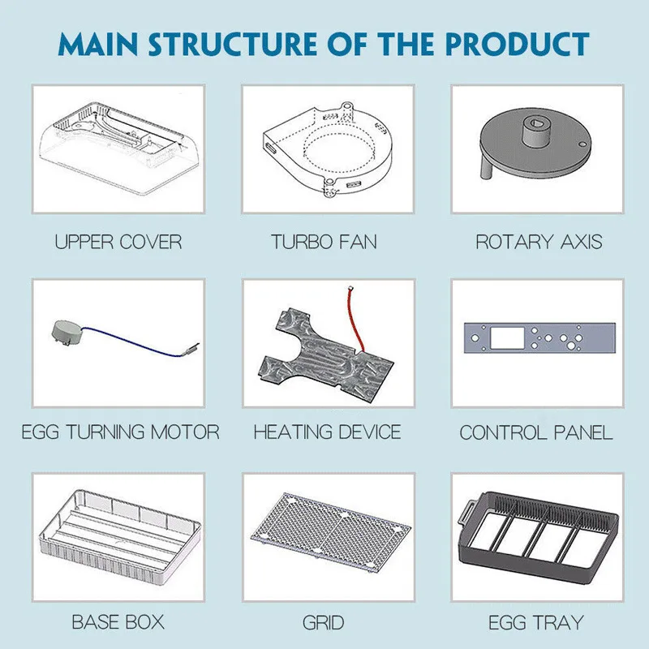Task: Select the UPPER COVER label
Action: click(118, 242)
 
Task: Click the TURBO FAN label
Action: click(324, 242)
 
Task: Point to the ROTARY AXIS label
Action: click(539, 242)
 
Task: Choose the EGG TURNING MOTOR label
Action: click(120, 432)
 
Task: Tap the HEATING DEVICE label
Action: click(327, 432)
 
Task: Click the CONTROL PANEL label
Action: click(536, 432)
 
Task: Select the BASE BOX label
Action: click(118, 623)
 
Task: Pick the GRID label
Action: click(324, 623)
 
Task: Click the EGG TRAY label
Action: click(535, 623)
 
